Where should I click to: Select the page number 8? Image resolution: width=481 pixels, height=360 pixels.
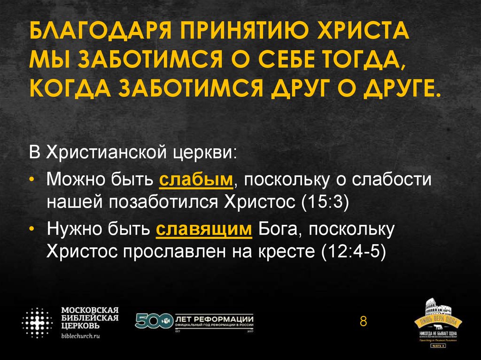[363, 322]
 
